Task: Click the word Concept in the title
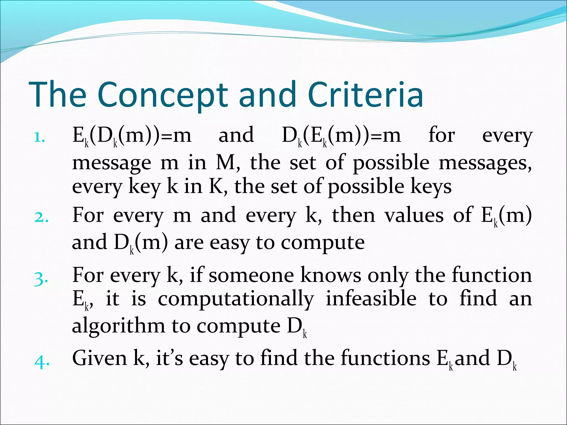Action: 163,95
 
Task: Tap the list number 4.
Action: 42,361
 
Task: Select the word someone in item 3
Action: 251,276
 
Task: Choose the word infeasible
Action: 371,299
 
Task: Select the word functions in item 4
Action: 385,358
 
